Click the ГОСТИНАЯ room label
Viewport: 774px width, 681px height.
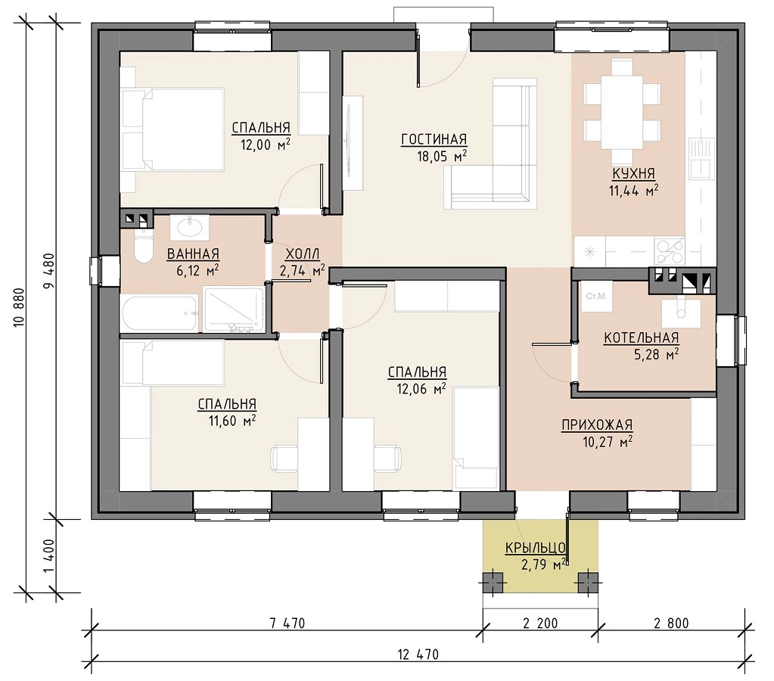434,140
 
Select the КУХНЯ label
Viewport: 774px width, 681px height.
633,174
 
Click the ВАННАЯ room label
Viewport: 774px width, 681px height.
193,253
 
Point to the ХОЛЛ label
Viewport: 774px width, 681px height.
303,253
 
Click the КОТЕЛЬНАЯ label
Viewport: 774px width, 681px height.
641,337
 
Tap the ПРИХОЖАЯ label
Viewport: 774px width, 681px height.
597,425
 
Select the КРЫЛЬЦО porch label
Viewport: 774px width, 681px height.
535,548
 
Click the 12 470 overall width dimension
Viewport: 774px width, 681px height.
418,655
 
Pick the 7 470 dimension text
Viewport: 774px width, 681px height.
288,623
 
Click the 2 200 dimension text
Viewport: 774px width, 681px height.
540,623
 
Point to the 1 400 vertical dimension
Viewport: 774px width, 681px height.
49,555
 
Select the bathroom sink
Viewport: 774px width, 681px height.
190,227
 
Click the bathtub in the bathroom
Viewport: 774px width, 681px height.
160,313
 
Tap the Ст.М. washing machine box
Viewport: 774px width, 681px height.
596,297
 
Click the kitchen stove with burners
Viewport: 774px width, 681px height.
670,251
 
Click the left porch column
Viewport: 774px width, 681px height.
493,582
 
